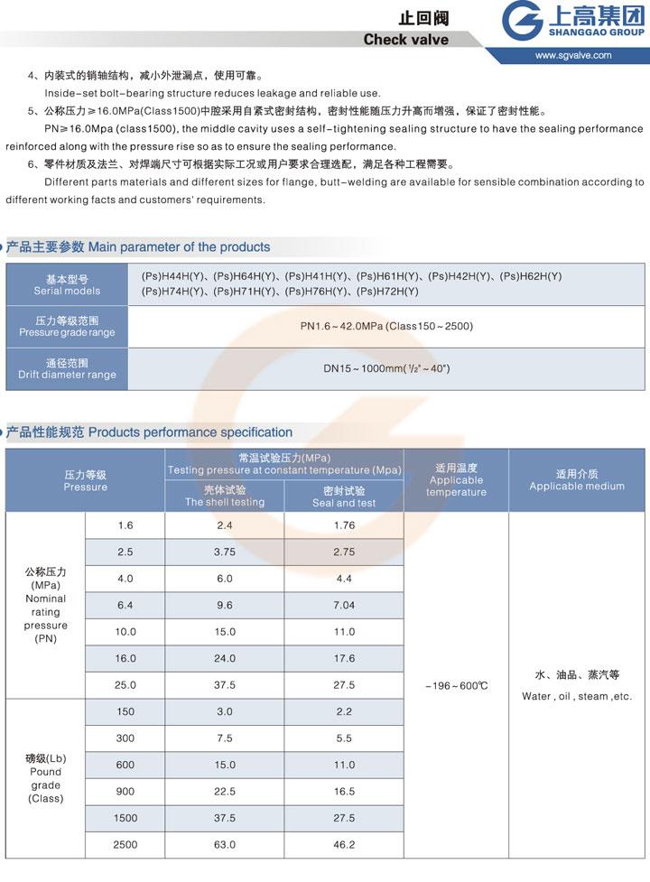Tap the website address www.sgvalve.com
572,55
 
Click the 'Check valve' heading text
405,39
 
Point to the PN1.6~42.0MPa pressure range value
386,326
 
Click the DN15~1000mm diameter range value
386,368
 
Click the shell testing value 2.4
225,525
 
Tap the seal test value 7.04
344,605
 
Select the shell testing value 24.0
225,658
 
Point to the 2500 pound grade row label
125,845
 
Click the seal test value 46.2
344,845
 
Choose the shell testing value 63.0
225,845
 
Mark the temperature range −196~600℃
456,686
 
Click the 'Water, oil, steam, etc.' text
577,696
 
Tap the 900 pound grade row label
125,792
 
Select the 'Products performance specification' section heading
190,432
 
